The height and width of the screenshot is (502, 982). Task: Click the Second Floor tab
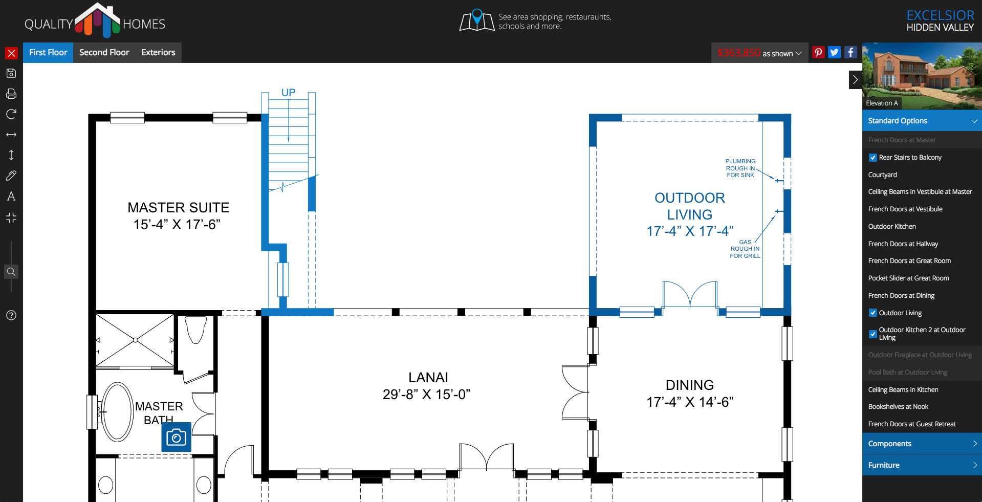pyautogui.click(x=104, y=53)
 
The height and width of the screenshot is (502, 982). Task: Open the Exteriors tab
pyautogui.click(x=158, y=53)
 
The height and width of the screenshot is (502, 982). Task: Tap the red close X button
pyautogui.click(x=11, y=53)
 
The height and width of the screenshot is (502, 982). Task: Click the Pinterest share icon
pyautogui.click(x=818, y=52)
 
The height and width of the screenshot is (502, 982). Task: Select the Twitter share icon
pyautogui.click(x=834, y=52)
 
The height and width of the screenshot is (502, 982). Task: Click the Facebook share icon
pyautogui.click(x=850, y=52)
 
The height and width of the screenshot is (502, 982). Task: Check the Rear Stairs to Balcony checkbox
pyautogui.click(x=873, y=158)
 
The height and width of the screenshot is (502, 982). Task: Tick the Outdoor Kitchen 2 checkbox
pyautogui.click(x=873, y=334)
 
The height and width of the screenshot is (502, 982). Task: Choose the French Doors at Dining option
pyautogui.click(x=901, y=296)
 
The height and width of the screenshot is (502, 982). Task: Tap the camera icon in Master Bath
pyautogui.click(x=176, y=437)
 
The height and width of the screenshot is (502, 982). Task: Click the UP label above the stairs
pyautogui.click(x=288, y=93)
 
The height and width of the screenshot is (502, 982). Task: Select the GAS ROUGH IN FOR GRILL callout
pyautogui.click(x=745, y=249)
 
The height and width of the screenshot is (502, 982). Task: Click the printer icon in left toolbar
pyautogui.click(x=11, y=94)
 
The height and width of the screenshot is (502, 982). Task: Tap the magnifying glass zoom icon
pyautogui.click(x=11, y=271)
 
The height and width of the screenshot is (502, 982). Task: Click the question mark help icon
pyautogui.click(x=11, y=315)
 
